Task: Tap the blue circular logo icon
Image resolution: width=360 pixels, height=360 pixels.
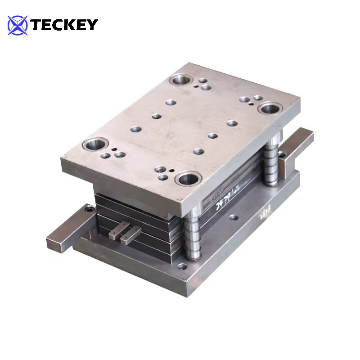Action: click(x=18, y=25)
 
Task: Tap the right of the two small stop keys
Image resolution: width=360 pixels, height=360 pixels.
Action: click(x=130, y=234)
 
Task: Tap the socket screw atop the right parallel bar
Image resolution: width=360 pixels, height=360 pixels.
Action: click(x=282, y=154)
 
